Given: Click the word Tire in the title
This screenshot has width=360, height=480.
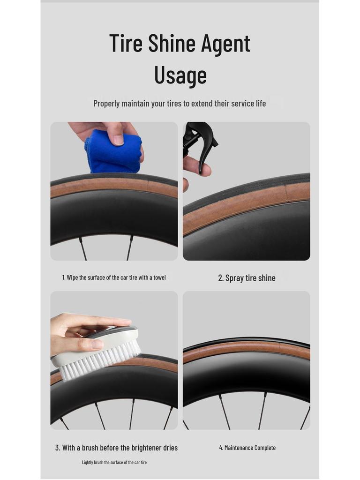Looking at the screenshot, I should [126, 43].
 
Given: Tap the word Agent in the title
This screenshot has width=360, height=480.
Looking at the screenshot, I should [226, 44].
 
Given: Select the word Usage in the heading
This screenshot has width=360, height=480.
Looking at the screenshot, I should [180, 75].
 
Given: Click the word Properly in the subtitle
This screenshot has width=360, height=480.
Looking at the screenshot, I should [106, 103].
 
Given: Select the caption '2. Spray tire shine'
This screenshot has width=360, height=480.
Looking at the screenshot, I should [247, 278].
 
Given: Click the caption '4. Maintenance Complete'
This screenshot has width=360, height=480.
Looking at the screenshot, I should [247, 448].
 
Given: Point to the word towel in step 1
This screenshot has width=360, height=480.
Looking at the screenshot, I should [159, 277].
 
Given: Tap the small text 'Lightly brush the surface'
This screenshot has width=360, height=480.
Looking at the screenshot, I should [114, 462].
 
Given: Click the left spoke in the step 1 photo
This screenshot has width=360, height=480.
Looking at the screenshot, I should [83, 248].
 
